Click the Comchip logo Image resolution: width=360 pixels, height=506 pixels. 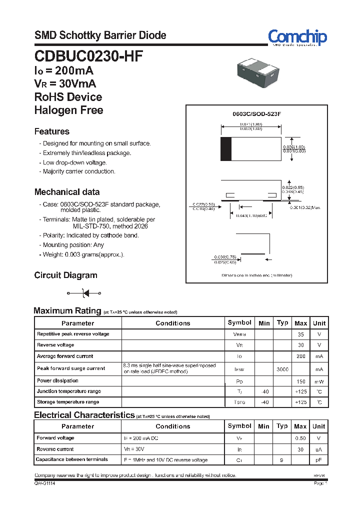(x=297, y=37)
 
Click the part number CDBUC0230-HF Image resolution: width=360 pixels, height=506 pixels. (x=88, y=55)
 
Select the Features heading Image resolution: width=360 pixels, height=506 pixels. (x=51, y=131)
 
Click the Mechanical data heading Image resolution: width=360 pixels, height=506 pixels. (x=66, y=192)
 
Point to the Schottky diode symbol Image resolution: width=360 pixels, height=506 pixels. (x=84, y=293)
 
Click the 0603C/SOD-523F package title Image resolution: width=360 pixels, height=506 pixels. (x=256, y=114)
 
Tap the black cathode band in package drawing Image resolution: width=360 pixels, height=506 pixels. (x=226, y=149)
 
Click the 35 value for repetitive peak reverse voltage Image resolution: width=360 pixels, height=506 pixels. (x=300, y=334)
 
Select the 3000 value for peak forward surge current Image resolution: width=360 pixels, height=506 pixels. (x=282, y=368)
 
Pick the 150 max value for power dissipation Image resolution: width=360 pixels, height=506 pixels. (x=300, y=381)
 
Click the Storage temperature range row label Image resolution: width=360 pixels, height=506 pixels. (x=67, y=402)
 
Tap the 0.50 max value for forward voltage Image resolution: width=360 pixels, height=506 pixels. (x=300, y=438)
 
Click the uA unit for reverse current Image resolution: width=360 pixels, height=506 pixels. (x=318, y=449)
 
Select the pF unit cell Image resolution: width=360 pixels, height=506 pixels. (x=318, y=460)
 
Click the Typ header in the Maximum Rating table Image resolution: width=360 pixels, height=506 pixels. (x=282, y=323)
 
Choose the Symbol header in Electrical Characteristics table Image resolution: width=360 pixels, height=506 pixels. (x=239, y=426)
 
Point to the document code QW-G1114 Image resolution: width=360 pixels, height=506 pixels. (x=44, y=484)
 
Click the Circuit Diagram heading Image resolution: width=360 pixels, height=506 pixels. (x=65, y=275)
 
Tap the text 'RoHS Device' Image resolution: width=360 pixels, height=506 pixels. (x=68, y=97)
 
